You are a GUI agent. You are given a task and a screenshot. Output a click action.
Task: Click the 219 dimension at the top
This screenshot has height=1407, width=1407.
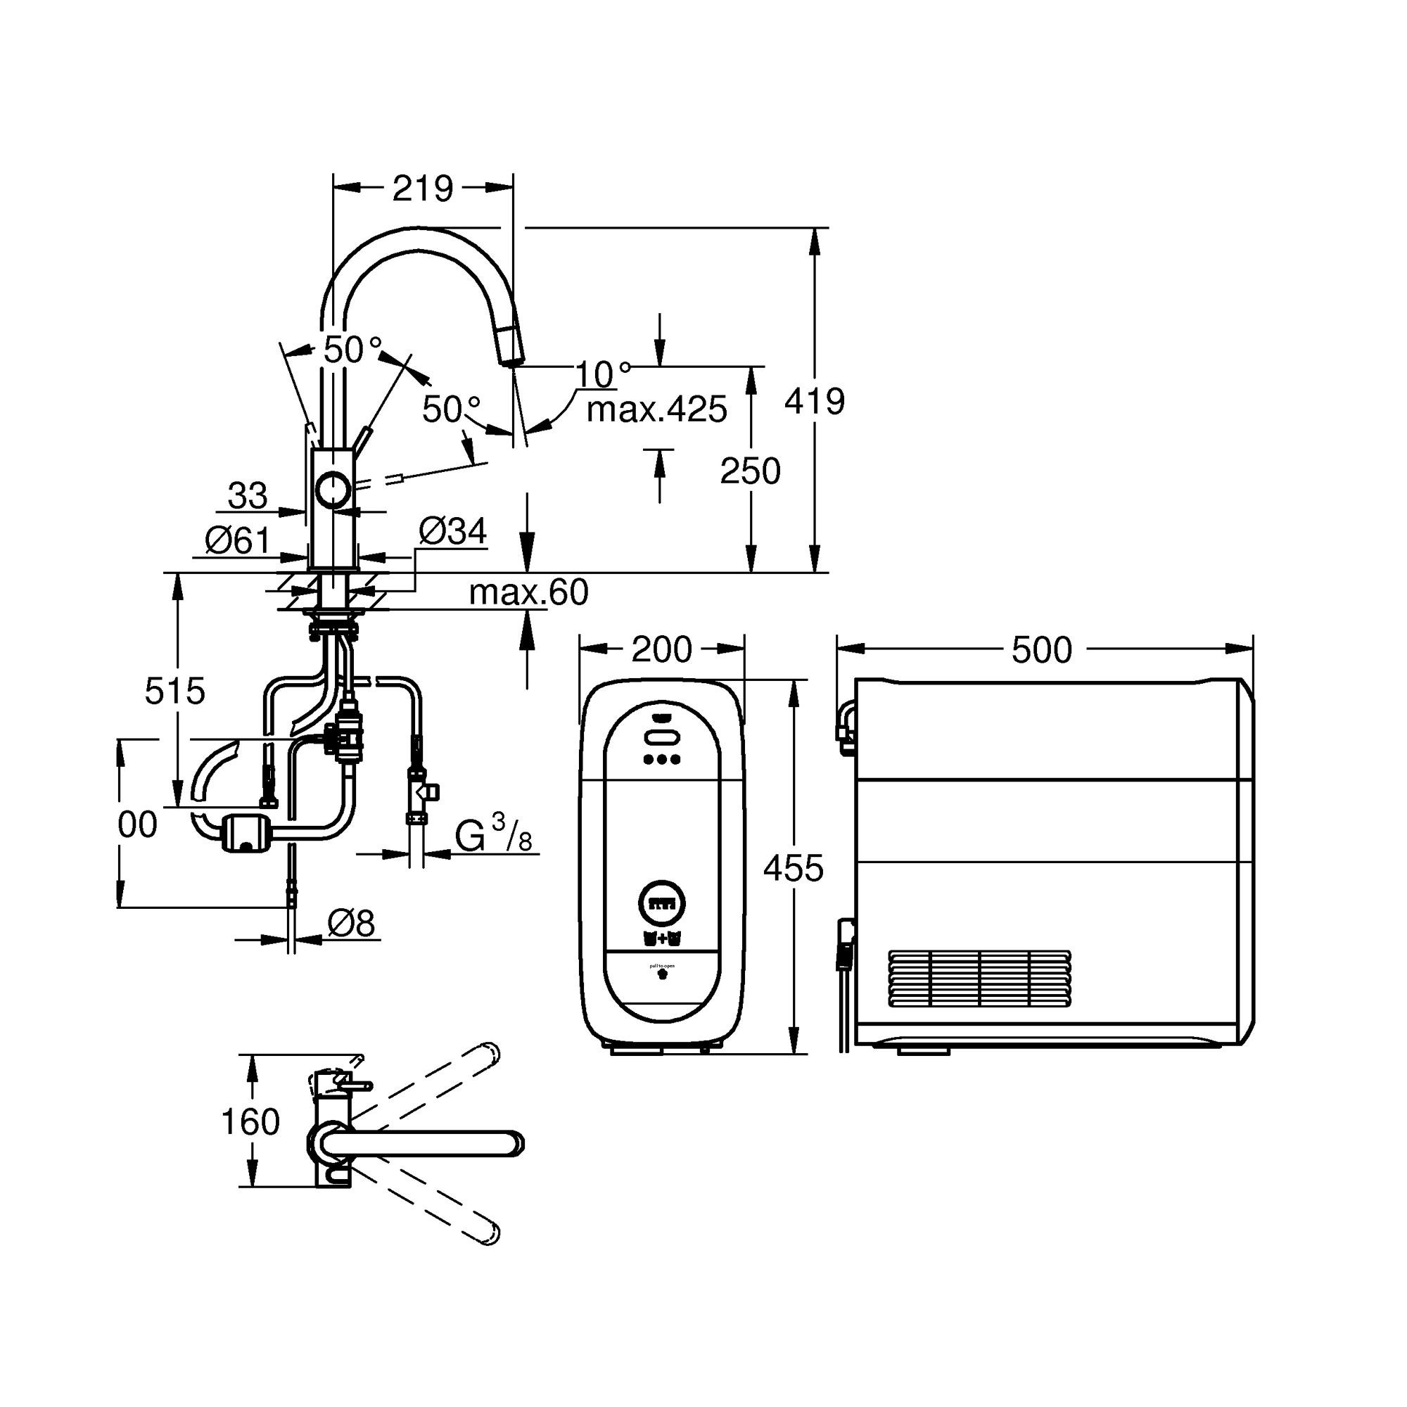[x=422, y=189]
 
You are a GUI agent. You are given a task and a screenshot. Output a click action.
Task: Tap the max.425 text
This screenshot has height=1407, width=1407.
[x=656, y=410]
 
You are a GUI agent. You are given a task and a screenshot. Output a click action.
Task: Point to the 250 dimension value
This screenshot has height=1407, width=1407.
[x=750, y=471]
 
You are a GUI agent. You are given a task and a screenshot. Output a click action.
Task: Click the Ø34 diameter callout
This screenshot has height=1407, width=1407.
[x=452, y=531]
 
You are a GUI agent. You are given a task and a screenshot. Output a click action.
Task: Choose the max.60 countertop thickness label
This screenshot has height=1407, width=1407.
[x=528, y=593]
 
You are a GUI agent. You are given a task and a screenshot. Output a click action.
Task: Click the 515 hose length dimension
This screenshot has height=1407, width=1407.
[x=174, y=690]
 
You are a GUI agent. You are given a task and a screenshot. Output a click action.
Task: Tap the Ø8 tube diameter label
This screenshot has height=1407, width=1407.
[x=350, y=924]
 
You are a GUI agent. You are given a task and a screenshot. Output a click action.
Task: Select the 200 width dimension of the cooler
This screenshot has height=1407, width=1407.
[x=661, y=649]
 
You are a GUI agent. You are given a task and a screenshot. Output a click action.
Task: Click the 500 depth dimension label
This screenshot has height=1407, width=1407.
[x=1041, y=649]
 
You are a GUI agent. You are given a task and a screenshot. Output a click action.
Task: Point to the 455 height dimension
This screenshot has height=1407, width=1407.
[x=793, y=868]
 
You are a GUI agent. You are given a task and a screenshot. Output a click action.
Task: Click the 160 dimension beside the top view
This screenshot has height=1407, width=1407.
[x=250, y=1121]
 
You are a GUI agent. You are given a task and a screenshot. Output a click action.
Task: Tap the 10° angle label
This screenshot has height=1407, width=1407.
[x=603, y=374]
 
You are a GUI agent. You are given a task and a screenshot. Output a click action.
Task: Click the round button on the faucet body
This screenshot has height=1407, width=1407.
[x=333, y=490]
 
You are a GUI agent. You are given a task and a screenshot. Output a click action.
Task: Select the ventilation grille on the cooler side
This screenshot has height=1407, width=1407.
[x=979, y=978]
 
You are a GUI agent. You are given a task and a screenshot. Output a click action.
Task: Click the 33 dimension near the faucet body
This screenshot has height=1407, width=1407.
[x=248, y=496]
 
